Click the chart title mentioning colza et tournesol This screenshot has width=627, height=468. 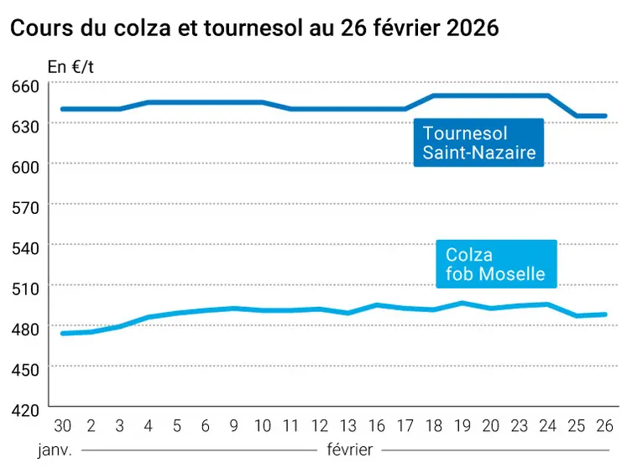tap(253, 28)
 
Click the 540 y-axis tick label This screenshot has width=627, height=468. tap(26, 247)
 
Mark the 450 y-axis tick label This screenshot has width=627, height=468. tap(26, 368)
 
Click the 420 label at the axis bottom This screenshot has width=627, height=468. tap(26, 409)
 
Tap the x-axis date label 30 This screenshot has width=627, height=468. tap(61, 425)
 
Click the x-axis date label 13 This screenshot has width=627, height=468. tap(347, 425)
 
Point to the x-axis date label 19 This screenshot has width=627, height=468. tap(462, 425)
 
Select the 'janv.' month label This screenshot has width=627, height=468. tap(55, 449)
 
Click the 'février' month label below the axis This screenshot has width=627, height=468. tap(349, 449)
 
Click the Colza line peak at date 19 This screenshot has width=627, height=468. tap(462, 303)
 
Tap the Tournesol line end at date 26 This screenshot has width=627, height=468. tap(605, 116)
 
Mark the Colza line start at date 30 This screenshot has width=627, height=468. tap(62, 333)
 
